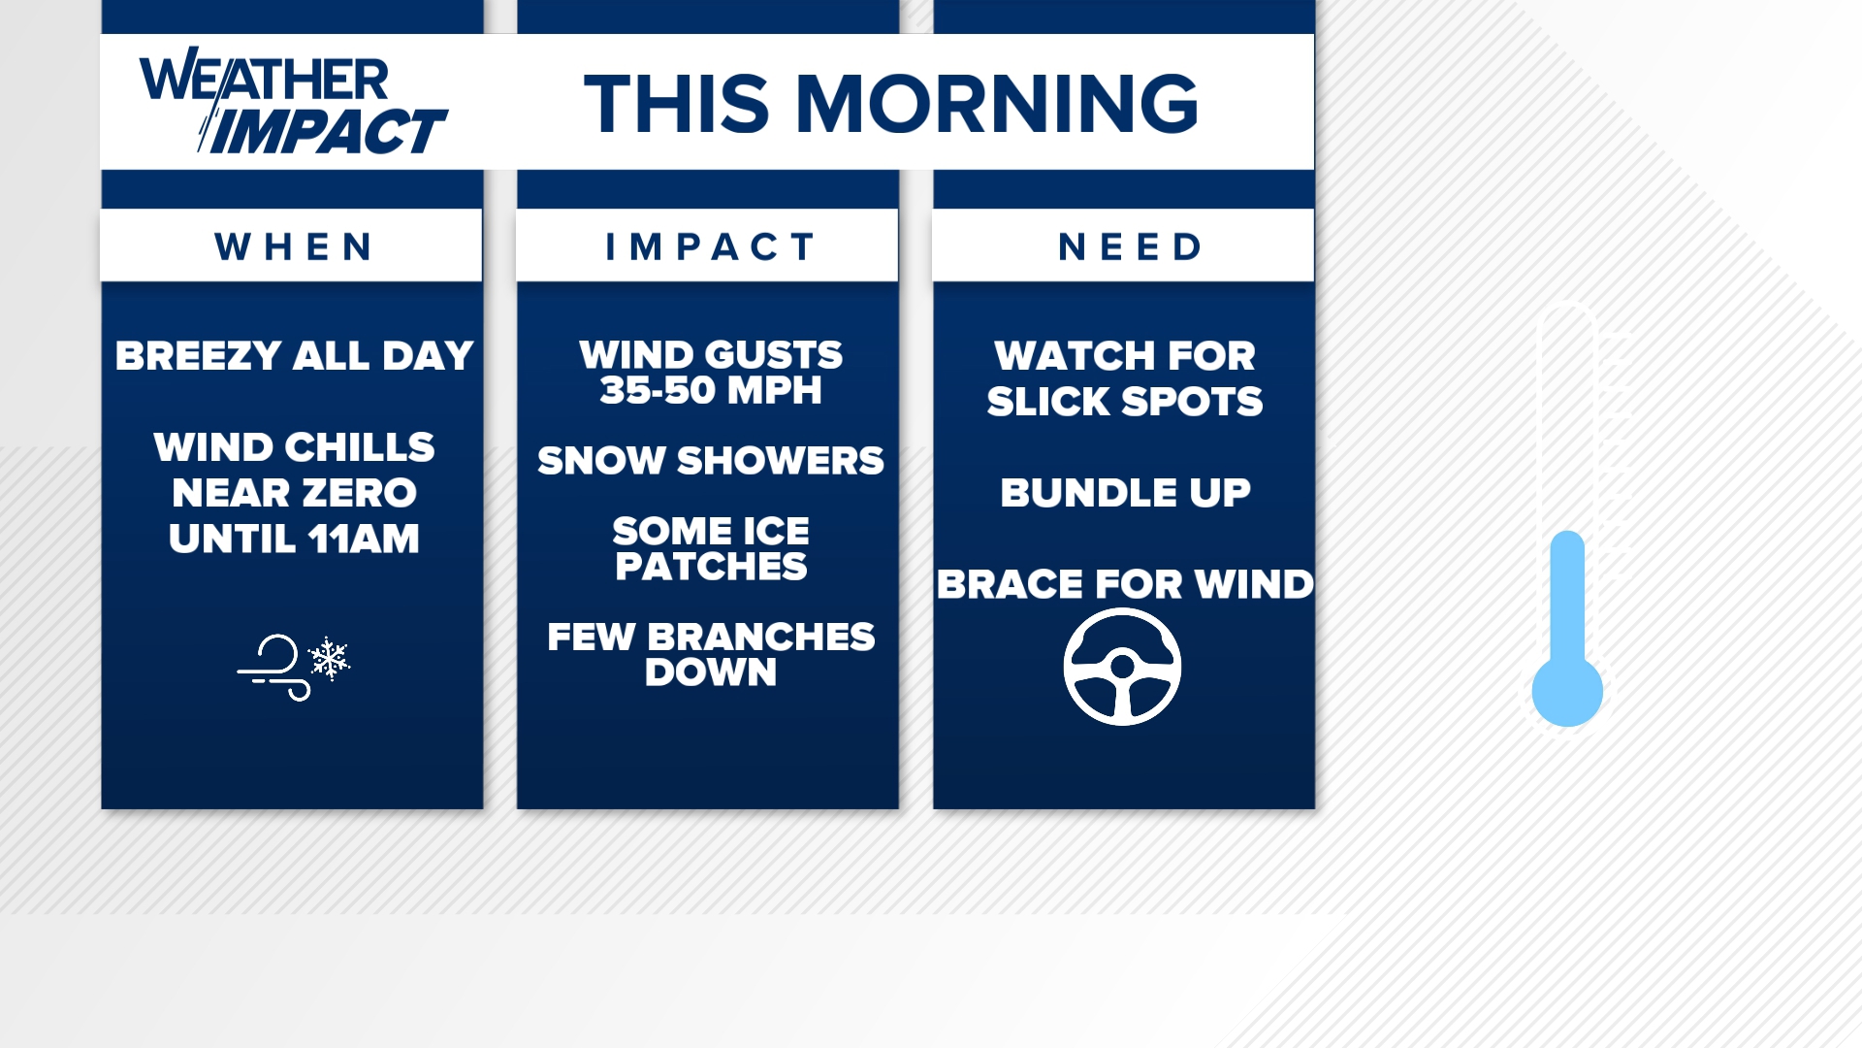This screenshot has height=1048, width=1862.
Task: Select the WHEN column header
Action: click(x=293, y=246)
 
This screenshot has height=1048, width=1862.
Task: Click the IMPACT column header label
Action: click(x=709, y=246)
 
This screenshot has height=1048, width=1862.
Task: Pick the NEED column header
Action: click(x=1130, y=246)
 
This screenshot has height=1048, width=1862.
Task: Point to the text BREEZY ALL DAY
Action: click(x=294, y=356)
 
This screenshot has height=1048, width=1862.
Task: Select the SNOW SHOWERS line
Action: click(x=710, y=461)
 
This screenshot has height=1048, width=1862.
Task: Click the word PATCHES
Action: click(x=710, y=567)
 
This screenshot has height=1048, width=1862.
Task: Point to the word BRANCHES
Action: click(x=760, y=638)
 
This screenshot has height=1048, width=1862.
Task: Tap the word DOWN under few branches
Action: click(x=710, y=672)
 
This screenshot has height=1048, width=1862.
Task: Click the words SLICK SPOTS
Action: click(x=1124, y=402)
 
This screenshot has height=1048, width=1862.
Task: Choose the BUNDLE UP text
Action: click(x=1125, y=493)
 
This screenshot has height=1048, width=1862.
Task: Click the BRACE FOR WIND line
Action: click(x=1125, y=584)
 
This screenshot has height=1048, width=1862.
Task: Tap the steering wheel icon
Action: click(x=1122, y=667)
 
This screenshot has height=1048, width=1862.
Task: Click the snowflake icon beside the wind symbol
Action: click(x=329, y=659)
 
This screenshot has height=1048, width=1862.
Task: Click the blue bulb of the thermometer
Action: click(x=1566, y=692)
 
